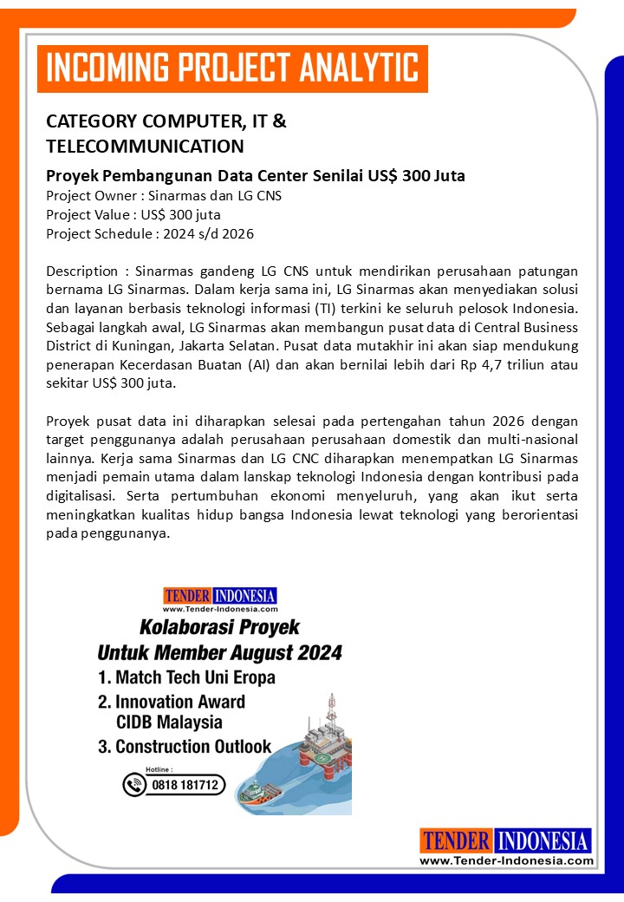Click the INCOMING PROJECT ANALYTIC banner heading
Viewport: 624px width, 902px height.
point(231,68)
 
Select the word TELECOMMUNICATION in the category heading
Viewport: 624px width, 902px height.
point(145,146)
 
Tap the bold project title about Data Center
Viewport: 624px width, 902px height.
point(256,176)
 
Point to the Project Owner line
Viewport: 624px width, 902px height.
point(163,195)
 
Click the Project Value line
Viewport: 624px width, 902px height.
point(133,214)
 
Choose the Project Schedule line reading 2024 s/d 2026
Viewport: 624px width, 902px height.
point(150,233)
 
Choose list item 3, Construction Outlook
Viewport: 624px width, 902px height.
point(185,746)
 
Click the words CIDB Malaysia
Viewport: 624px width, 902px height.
point(169,722)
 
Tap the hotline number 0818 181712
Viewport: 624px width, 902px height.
point(185,785)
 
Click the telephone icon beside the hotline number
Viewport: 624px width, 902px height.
point(134,785)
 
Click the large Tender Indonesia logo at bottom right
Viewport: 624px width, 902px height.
point(506,846)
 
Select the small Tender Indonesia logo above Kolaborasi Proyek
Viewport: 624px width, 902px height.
point(219,597)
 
